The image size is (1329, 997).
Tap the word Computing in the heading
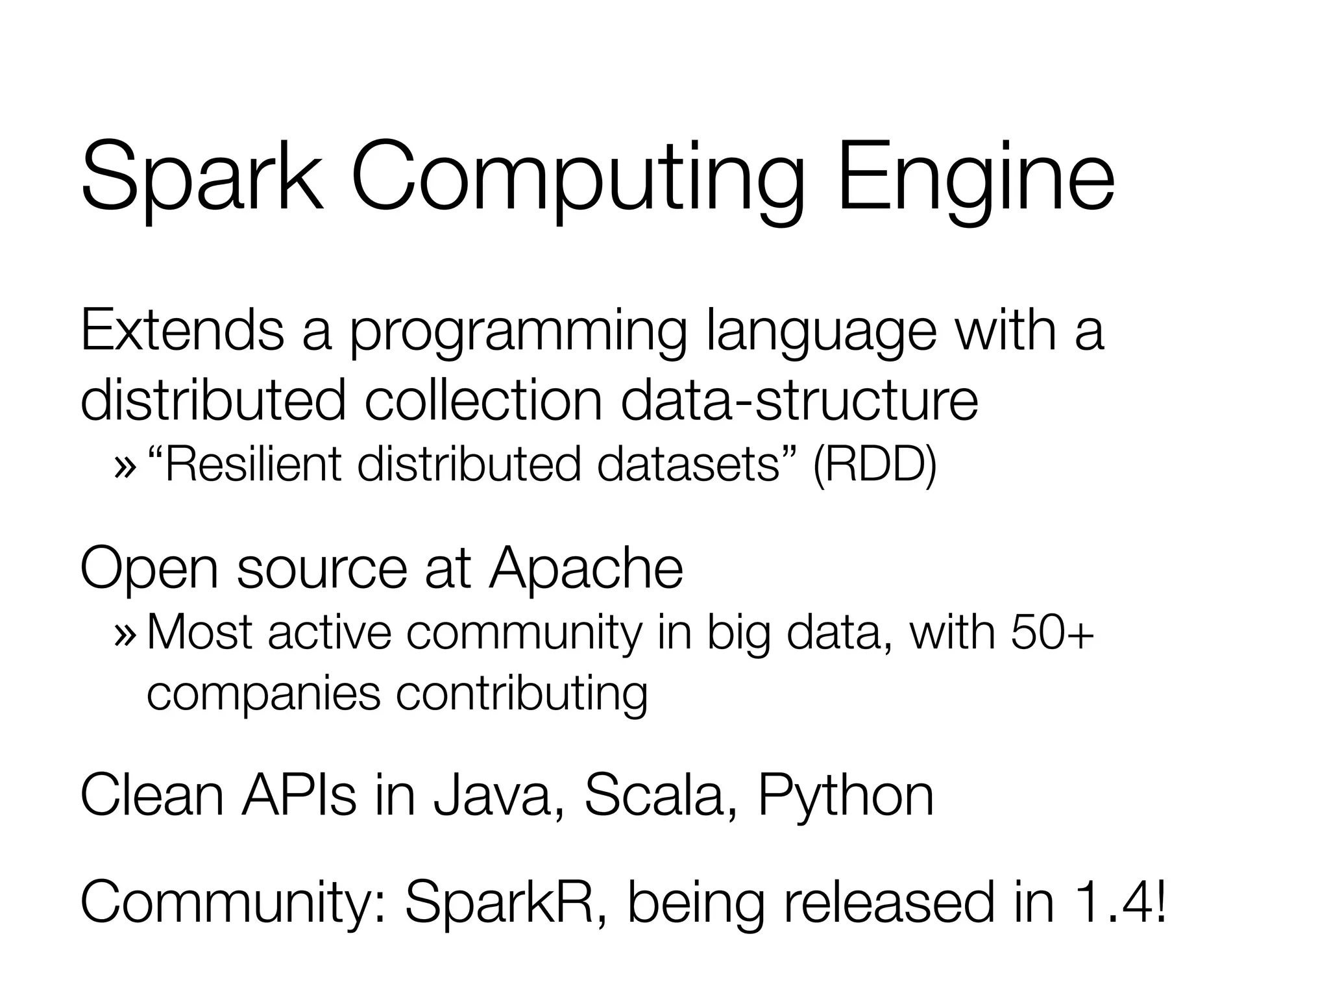pyautogui.click(x=578, y=182)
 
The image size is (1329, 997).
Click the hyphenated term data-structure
pyautogui.click(x=799, y=400)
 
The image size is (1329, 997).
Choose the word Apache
pyautogui.click(x=586, y=569)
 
